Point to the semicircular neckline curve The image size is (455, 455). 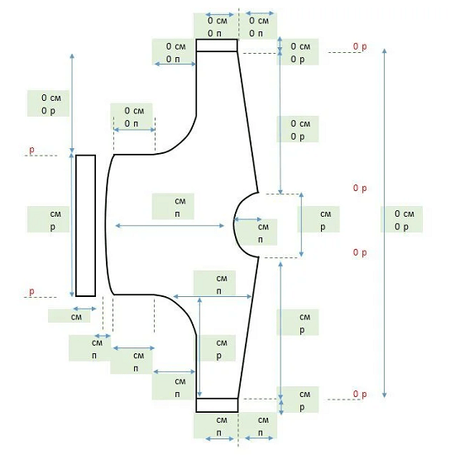click(234, 225)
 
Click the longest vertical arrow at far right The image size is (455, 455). click(385, 223)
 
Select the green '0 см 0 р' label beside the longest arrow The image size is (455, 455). click(401, 219)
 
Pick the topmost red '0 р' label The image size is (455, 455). click(360, 46)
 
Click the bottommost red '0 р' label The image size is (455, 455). click(360, 394)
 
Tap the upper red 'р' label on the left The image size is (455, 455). click(31, 150)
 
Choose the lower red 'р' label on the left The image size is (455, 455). click(31, 291)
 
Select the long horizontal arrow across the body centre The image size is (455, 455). click(170, 226)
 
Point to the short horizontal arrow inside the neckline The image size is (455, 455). click(247, 220)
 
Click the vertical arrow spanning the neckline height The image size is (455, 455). click(301, 224)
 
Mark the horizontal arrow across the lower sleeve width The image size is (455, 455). click(213, 296)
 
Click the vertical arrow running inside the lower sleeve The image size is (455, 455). click(199, 347)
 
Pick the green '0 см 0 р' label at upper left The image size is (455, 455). click(48, 103)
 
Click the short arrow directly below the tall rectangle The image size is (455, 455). click(84, 309)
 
